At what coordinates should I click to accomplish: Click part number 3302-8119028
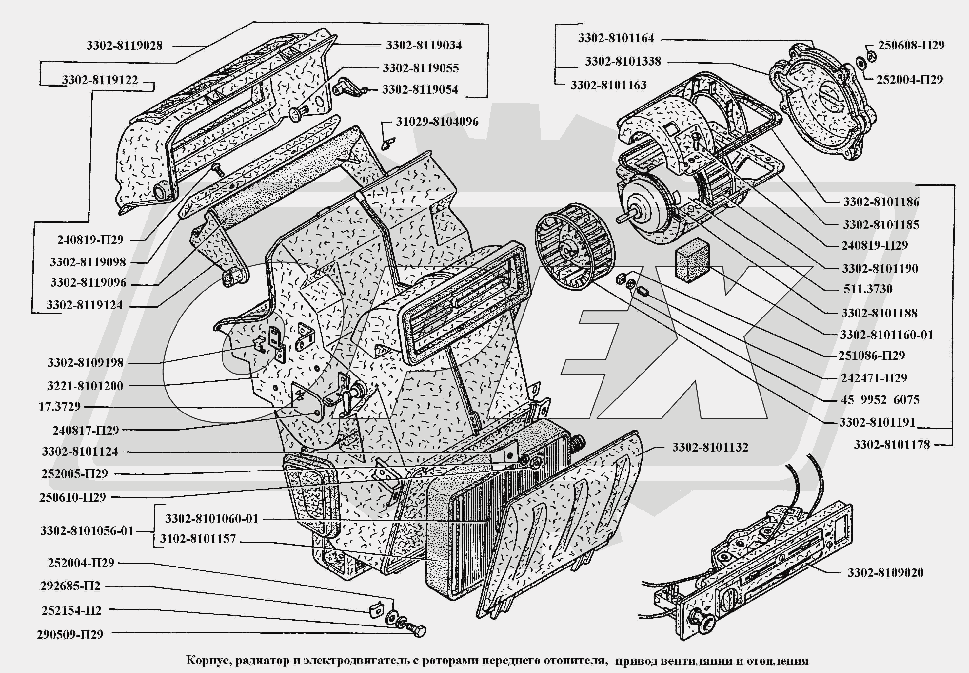tap(125, 46)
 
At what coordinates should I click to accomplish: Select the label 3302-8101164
tap(616, 38)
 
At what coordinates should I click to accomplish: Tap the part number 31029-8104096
tap(437, 122)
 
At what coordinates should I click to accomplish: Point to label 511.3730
tap(868, 289)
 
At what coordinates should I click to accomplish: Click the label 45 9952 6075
tap(880, 400)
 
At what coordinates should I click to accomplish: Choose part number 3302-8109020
tap(885, 573)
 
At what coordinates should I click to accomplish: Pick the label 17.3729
tap(59, 407)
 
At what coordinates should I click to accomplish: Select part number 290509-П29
tap(70, 635)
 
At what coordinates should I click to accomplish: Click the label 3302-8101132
tap(710, 447)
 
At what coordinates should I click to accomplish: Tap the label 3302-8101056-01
tap(87, 531)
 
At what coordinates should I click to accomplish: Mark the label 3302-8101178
tap(892, 444)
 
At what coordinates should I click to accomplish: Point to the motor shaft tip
tap(619, 219)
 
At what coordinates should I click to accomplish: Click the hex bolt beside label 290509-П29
tap(417, 630)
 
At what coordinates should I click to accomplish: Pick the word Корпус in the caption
tap(208, 660)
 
